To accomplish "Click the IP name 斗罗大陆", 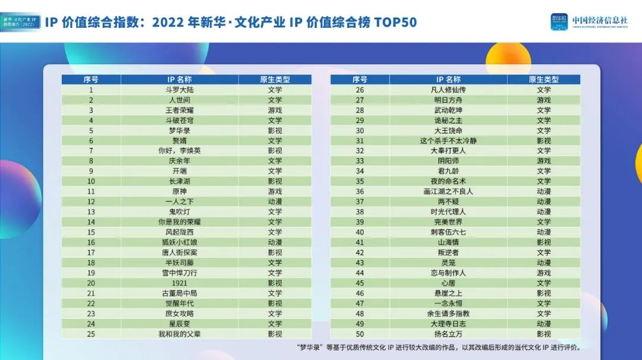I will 180,90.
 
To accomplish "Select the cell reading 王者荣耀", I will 180,110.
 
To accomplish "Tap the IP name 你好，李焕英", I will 180,151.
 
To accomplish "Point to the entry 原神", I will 180,191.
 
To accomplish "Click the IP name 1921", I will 180,283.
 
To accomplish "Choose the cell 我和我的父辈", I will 180,334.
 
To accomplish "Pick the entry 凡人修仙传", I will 448,90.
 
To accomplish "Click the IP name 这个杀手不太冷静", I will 448,141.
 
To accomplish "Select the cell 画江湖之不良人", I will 448,191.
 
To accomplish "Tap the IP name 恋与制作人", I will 448,273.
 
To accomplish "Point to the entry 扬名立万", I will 448,334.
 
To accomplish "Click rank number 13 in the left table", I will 91,211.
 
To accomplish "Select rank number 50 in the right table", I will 360,334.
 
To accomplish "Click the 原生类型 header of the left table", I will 275,80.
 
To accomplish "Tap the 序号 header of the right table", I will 360,80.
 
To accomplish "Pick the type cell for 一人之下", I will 275,201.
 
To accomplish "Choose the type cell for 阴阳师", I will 544,161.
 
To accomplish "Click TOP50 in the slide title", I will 395,23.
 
